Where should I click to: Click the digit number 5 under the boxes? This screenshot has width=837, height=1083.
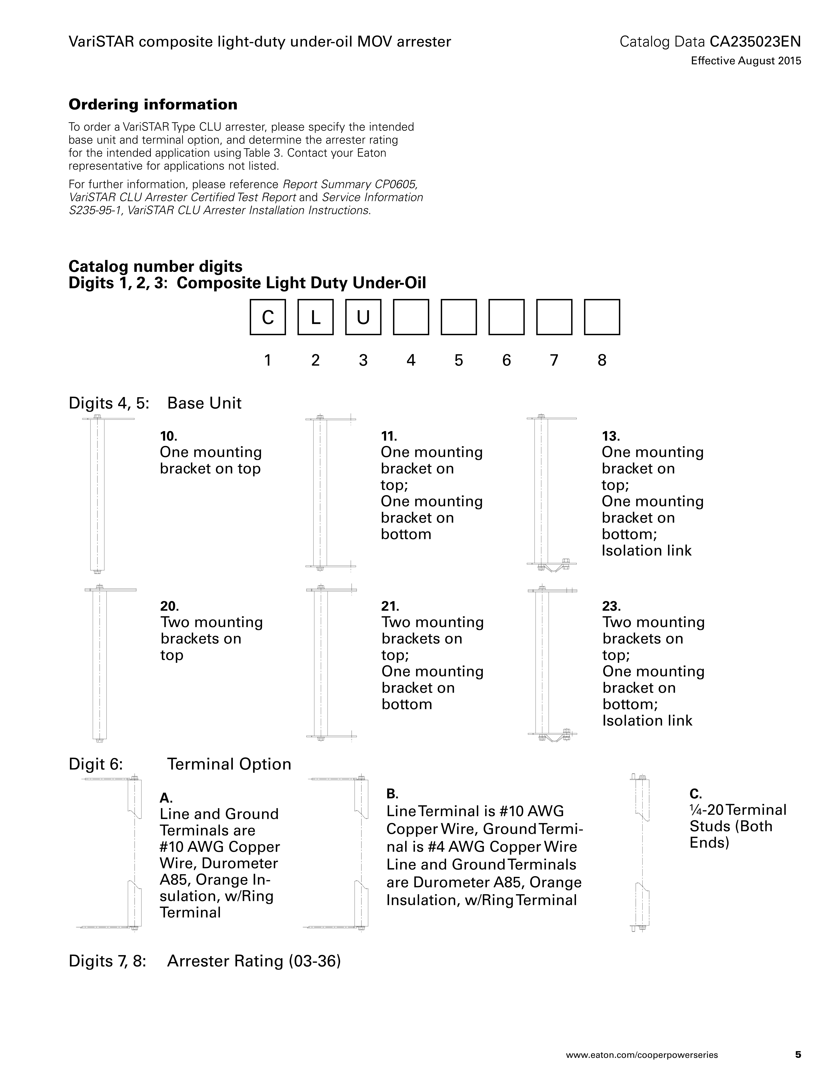pyautogui.click(x=459, y=360)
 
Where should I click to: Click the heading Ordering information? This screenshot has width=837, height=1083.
pyautogui.click(x=153, y=105)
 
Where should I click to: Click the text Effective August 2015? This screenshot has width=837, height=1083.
pyautogui.click(x=746, y=61)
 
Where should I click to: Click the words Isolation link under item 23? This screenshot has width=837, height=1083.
pyautogui.click(x=647, y=720)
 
